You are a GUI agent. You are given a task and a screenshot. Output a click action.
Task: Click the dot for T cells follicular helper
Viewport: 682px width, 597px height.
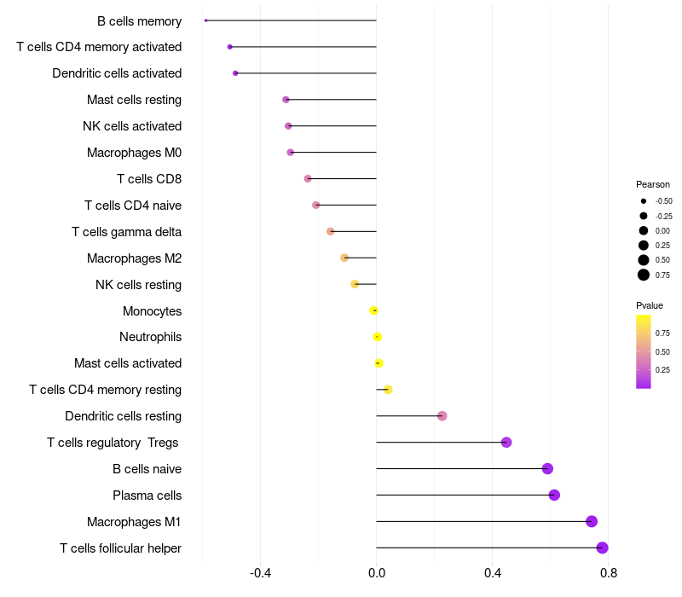pyautogui.click(x=602, y=548)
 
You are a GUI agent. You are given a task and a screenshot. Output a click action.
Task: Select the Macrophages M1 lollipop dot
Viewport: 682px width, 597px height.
pyautogui.click(x=592, y=521)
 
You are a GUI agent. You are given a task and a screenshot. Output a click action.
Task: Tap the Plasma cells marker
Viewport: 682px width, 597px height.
pyautogui.click(x=554, y=495)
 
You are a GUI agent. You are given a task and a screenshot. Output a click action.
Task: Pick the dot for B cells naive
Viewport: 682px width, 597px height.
pyautogui.click(x=547, y=468)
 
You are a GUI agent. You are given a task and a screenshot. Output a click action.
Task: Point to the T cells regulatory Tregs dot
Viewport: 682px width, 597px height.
pyautogui.click(x=506, y=442)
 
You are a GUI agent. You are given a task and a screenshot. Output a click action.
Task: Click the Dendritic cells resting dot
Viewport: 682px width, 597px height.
pyautogui.click(x=442, y=416)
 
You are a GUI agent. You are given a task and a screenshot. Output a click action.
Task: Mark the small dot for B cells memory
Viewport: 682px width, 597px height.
pyautogui.click(x=206, y=20)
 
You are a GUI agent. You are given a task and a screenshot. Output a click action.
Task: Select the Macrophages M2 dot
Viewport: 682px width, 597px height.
pyautogui.click(x=344, y=258)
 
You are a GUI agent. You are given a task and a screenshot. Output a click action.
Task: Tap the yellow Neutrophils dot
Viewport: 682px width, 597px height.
pyautogui.click(x=377, y=337)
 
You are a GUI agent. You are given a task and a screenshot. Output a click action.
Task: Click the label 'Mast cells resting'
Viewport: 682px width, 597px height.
pyautogui.click(x=134, y=100)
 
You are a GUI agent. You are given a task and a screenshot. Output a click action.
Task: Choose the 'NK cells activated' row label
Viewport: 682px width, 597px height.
pyautogui.click(x=132, y=126)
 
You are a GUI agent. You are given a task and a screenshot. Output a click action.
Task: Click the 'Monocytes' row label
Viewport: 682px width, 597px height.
pyautogui.click(x=152, y=310)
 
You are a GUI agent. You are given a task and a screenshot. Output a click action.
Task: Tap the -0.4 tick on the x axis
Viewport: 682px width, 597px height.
pyautogui.click(x=260, y=572)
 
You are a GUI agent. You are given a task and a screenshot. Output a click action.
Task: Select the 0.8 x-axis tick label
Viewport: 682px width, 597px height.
pyautogui.click(x=609, y=572)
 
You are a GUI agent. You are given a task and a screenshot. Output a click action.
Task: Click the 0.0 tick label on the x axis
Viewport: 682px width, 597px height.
pyautogui.click(x=376, y=572)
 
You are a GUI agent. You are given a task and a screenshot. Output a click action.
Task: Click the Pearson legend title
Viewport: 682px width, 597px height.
pyautogui.click(x=653, y=184)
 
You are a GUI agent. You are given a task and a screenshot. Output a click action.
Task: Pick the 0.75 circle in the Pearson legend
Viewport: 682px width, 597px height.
pyautogui.click(x=644, y=275)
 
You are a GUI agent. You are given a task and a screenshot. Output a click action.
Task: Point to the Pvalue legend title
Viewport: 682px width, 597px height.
pyautogui.click(x=650, y=305)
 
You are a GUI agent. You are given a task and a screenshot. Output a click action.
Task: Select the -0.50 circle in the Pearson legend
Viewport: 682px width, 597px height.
pyautogui.click(x=644, y=201)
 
